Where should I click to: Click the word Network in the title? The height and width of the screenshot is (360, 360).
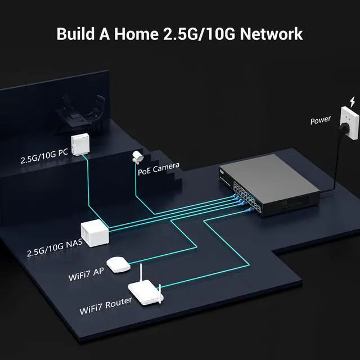(271, 33)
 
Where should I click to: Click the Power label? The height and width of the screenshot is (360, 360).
(321, 121)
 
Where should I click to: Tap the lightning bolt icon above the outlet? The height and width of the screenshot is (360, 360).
(353, 102)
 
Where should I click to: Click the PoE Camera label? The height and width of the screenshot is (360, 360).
(158, 165)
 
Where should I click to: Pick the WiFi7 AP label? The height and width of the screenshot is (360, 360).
(85, 273)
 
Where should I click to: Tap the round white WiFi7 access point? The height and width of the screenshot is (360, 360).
(117, 264)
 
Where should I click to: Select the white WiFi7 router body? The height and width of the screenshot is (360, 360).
(145, 294)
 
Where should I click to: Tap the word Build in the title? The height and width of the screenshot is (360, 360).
(76, 33)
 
